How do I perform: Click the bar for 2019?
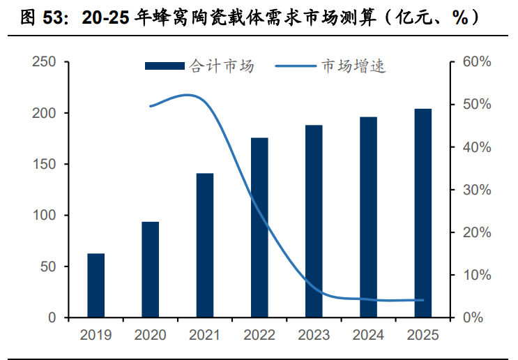pyautogui.click(x=96, y=285)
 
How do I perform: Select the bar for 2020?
pyautogui.click(x=151, y=270)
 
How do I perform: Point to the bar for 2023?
pyautogui.click(x=314, y=221)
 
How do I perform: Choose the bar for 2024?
pyautogui.click(x=368, y=217)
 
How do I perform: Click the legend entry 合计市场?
pyautogui.click(x=221, y=66)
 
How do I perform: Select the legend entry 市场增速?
pyautogui.click(x=353, y=66)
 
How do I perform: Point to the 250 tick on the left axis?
pyautogui.click(x=45, y=62)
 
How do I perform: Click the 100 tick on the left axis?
pyautogui.click(x=45, y=216)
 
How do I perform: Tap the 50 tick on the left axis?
pyautogui.click(x=49, y=267)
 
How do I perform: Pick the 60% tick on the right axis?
pyautogui.click(x=477, y=62)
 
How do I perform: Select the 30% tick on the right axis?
pyautogui.click(x=477, y=190)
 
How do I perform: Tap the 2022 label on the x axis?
pyautogui.click(x=259, y=335)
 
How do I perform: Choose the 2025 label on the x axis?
pyautogui.click(x=422, y=335)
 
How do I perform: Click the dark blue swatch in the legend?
pyautogui.click(x=166, y=66)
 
